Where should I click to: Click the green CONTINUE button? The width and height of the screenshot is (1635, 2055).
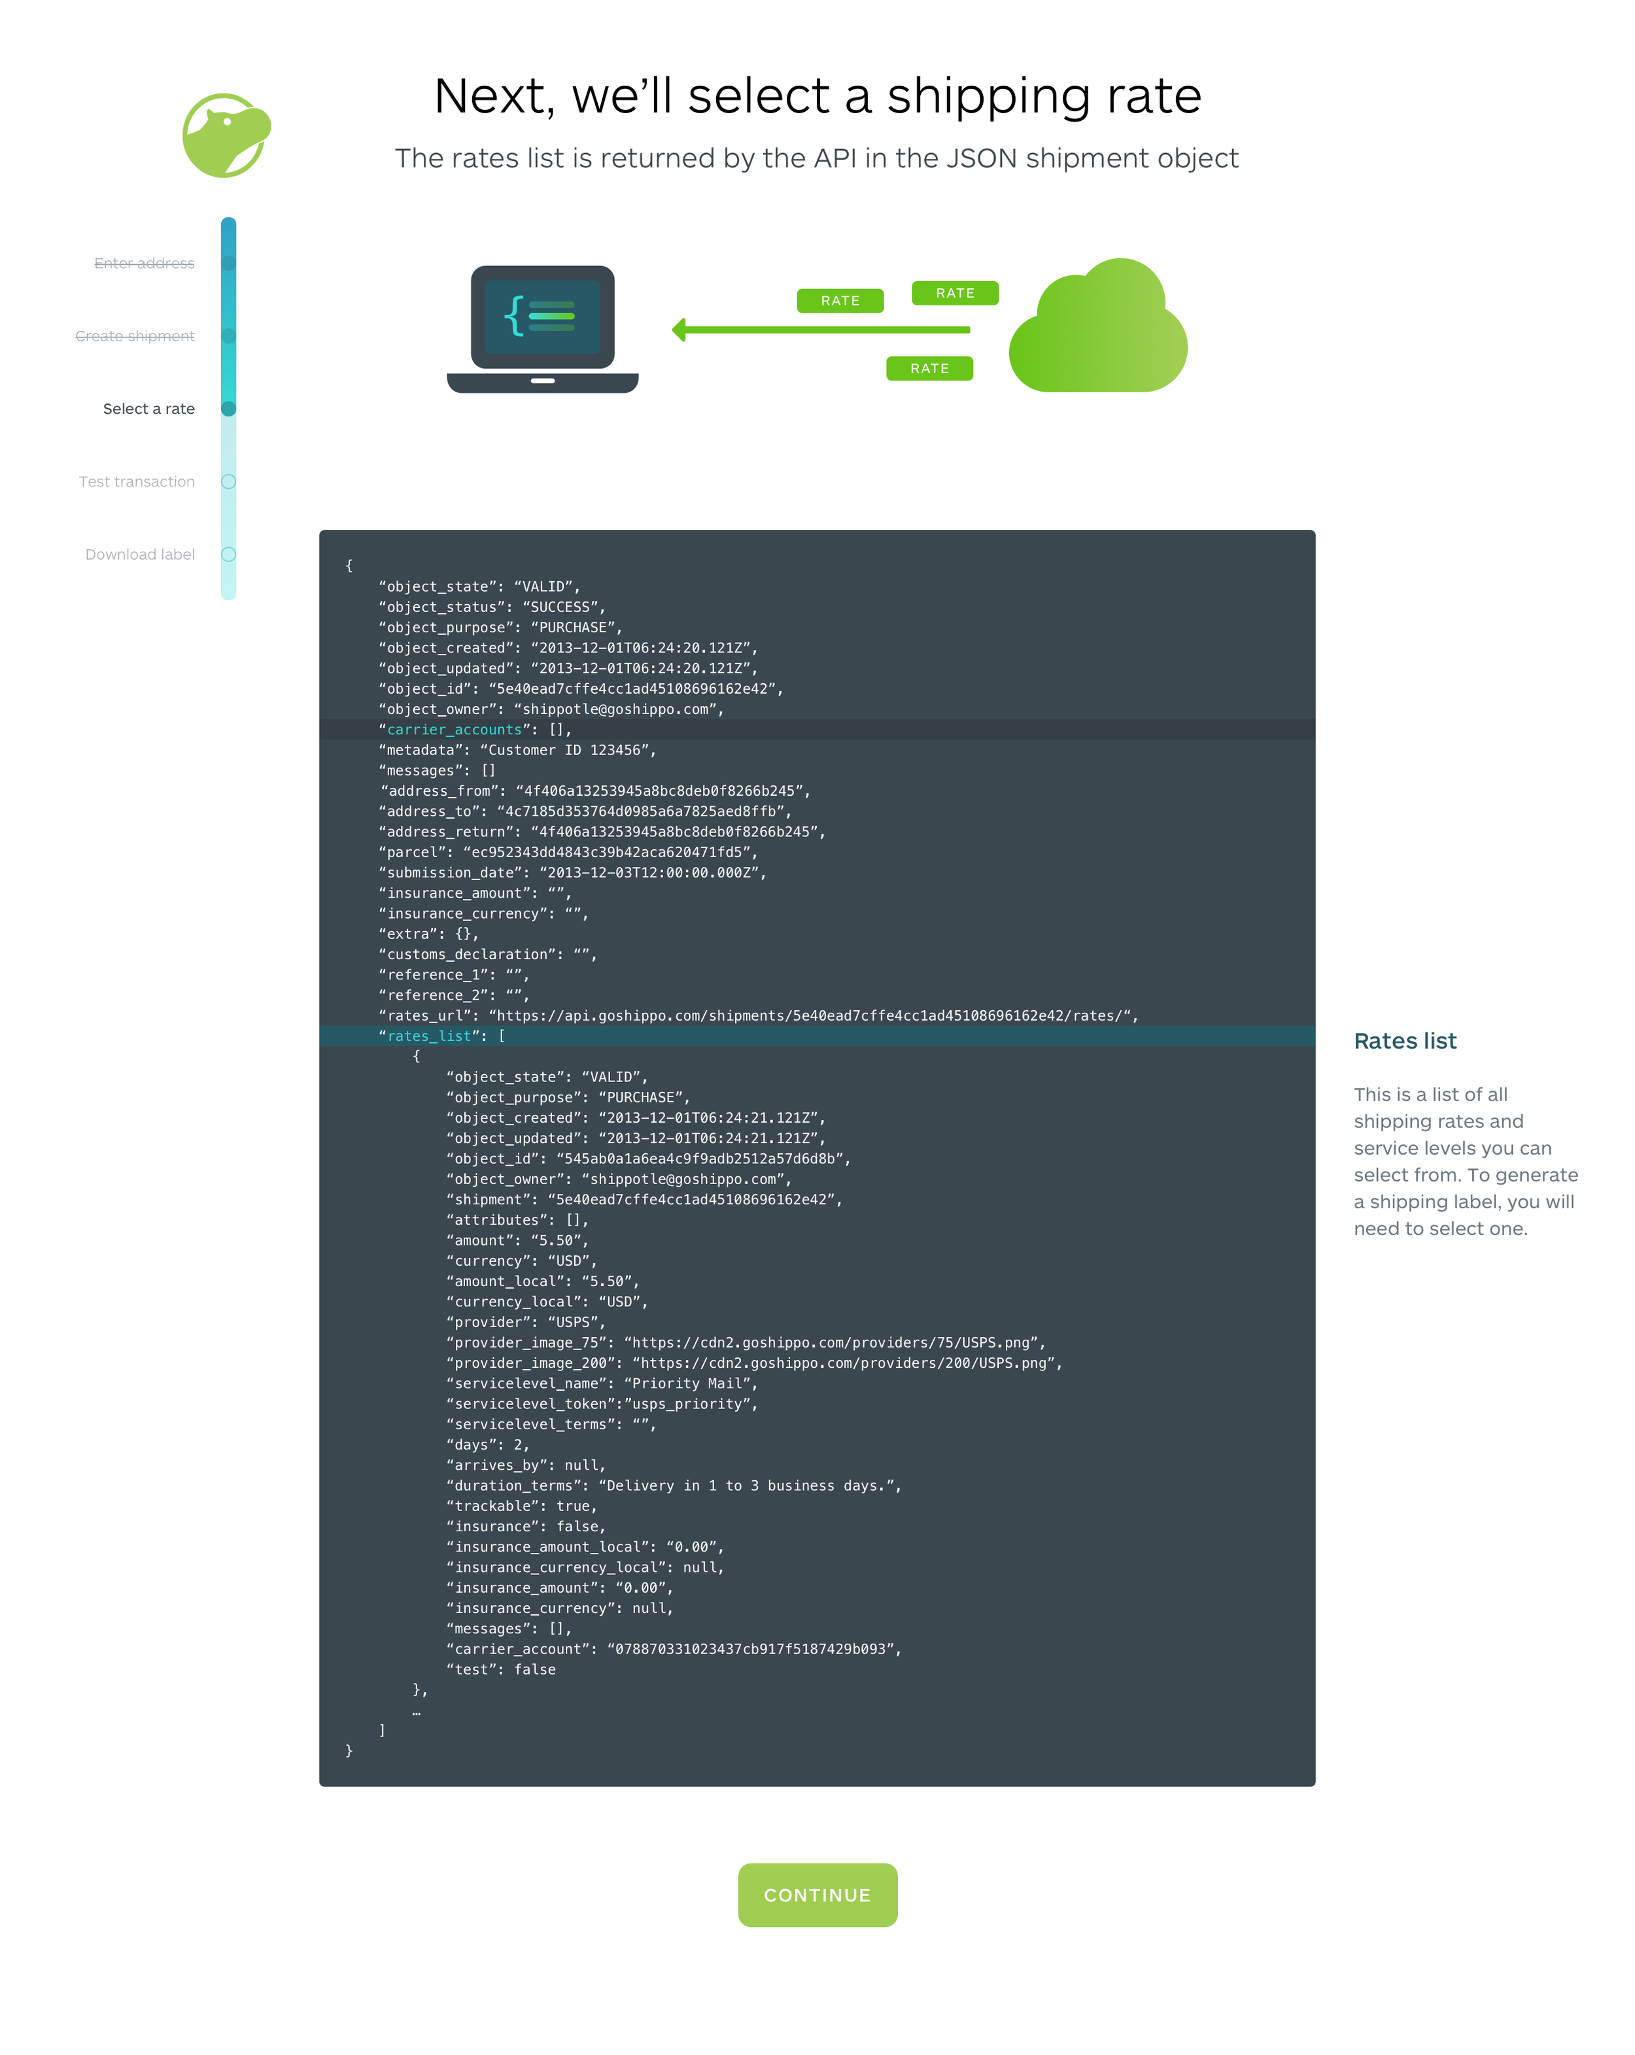(817, 1895)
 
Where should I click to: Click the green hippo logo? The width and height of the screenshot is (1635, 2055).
(226, 135)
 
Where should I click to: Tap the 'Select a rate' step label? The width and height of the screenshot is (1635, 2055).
(148, 409)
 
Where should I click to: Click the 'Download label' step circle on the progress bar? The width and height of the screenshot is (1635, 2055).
(229, 554)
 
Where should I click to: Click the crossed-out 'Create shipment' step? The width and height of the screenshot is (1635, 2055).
(135, 335)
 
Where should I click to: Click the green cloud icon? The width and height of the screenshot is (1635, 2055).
(1098, 329)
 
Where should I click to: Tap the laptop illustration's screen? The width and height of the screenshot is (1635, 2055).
(542, 316)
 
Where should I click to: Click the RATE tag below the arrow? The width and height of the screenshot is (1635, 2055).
(929, 369)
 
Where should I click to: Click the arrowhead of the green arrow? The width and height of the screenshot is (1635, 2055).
(679, 330)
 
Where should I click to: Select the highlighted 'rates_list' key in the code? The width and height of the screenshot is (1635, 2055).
(429, 1036)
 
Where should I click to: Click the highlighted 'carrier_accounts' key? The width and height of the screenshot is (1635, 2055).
(454, 729)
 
